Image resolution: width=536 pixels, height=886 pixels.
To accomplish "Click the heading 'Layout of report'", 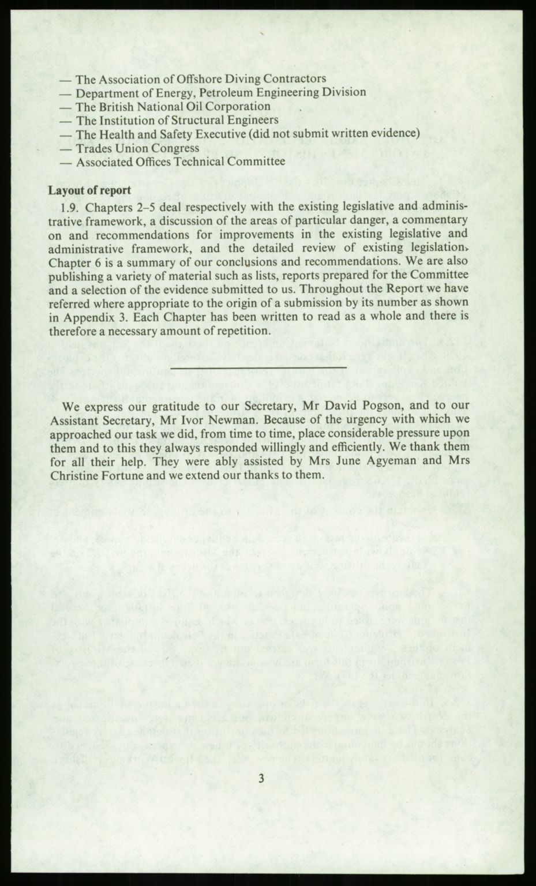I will [x=89, y=190].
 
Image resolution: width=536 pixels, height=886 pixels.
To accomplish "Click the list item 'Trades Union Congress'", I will [x=137, y=148].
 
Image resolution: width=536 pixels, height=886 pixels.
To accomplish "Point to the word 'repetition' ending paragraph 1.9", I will [x=238, y=331].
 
